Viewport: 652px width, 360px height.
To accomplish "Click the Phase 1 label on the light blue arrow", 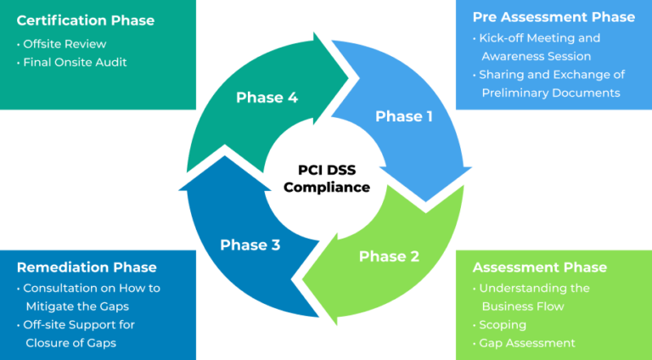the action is pyautogui.click(x=404, y=116).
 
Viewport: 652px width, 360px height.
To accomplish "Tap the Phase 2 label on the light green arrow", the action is pyautogui.click(x=389, y=256).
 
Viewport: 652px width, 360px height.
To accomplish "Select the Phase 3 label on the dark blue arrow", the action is pyautogui.click(x=250, y=245).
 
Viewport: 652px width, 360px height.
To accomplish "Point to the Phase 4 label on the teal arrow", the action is pyautogui.click(x=267, y=98).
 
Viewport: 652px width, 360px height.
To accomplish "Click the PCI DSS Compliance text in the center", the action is pyautogui.click(x=326, y=179).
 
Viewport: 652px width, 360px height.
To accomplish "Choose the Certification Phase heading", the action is pyautogui.click(x=85, y=20).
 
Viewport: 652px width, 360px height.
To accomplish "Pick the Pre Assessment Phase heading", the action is pyautogui.click(x=554, y=17).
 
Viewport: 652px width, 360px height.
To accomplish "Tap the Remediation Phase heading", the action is pyautogui.click(x=87, y=267).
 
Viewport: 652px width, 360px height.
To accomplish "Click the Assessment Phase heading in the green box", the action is pyautogui.click(x=539, y=267).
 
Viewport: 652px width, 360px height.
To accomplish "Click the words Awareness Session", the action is pyautogui.click(x=536, y=57).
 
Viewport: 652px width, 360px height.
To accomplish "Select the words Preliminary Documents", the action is pyautogui.click(x=551, y=93).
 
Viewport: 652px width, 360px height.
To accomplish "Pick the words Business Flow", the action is pyautogui.click(x=523, y=307).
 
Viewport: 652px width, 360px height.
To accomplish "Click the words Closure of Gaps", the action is pyautogui.click(x=70, y=343).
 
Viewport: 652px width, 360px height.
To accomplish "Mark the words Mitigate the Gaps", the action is pyautogui.click(x=77, y=307).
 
